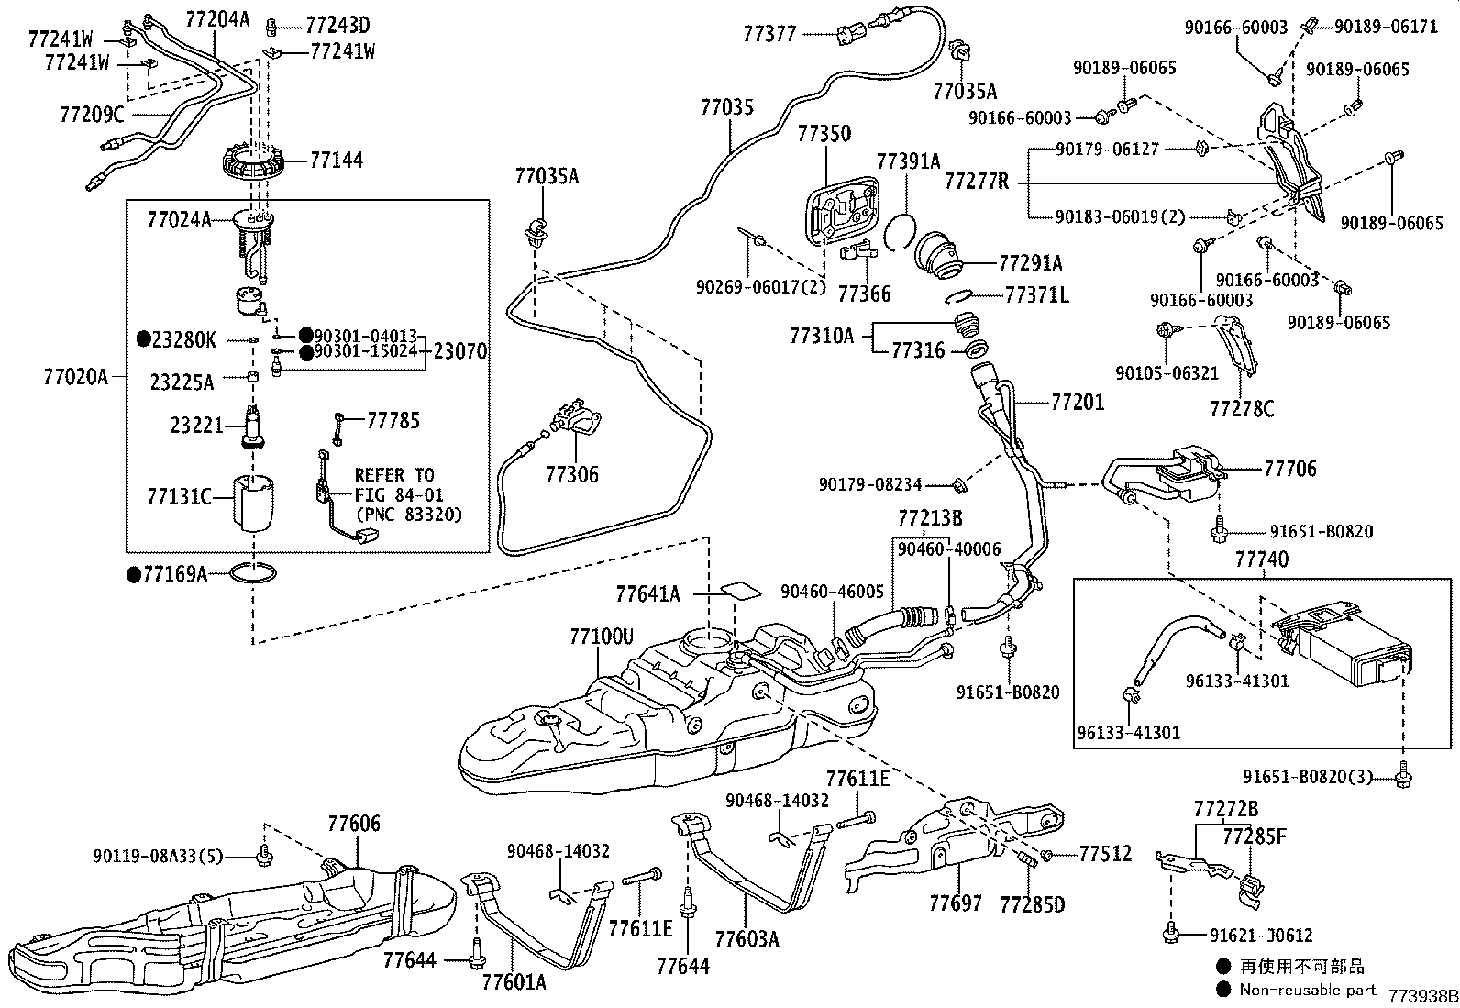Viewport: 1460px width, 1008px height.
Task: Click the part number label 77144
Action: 337,160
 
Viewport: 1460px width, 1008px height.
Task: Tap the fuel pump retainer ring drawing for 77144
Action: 253,165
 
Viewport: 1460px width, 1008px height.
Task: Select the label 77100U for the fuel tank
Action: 601,636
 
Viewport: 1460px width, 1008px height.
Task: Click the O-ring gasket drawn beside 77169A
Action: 253,573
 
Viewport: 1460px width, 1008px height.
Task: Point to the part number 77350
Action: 824,134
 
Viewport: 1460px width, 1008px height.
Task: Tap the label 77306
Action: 571,474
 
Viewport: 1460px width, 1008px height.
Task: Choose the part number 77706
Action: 1290,468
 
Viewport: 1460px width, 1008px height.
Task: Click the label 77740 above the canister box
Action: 1262,559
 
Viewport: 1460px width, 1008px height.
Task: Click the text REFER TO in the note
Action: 394,475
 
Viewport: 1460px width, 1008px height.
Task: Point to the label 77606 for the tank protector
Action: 354,824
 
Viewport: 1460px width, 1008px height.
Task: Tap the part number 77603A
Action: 747,939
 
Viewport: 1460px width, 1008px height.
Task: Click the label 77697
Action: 956,903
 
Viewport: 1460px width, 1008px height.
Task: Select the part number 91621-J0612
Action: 1261,936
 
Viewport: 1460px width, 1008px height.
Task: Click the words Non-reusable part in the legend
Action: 1308,990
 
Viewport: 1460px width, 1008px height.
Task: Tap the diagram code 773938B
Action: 1423,997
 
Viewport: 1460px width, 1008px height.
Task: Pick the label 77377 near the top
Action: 769,34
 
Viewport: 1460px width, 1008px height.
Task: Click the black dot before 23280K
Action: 144,339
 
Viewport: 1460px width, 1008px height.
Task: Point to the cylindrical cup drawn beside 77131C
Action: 253,504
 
